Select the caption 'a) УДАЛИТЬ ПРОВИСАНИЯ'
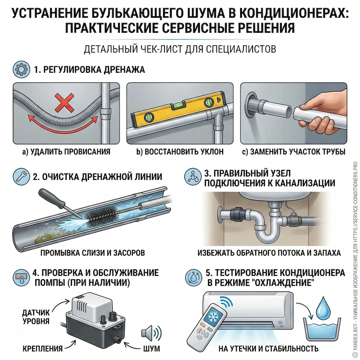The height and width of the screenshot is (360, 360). pyautogui.click(x=66, y=152)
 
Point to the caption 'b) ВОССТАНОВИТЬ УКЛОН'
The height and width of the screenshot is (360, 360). pyautogui.click(x=180, y=152)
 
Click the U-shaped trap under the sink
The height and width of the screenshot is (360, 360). pyautogui.click(x=264, y=230)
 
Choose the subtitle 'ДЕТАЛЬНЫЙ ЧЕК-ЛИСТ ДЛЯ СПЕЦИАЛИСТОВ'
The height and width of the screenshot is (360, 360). pyautogui.click(x=180, y=49)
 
